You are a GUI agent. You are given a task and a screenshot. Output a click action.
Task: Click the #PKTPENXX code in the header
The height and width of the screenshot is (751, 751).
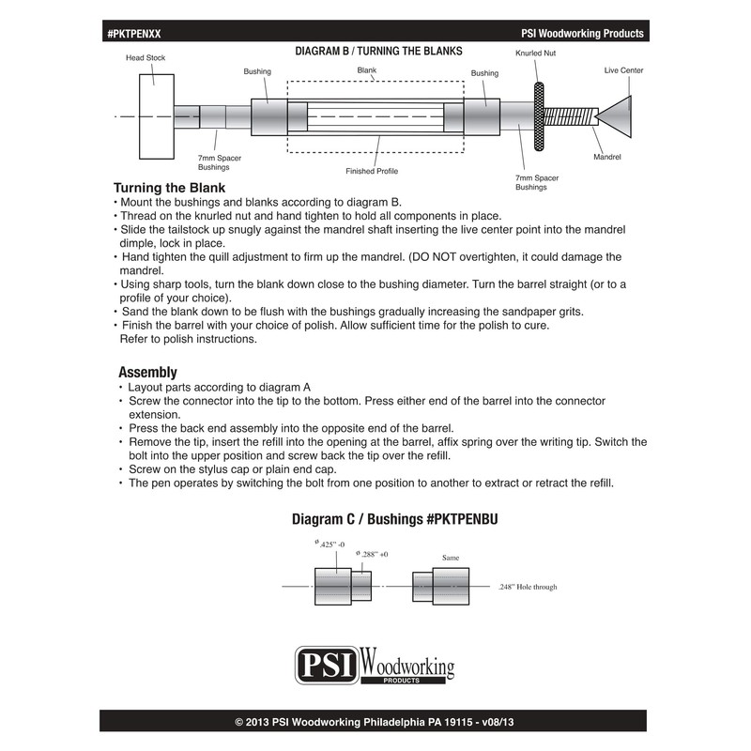134,33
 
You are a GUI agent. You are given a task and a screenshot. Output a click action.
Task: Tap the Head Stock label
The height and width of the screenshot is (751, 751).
146,57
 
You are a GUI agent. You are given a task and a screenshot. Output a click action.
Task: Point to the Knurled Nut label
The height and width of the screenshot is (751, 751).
536,54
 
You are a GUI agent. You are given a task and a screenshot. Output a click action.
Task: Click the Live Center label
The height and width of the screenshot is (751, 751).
623,70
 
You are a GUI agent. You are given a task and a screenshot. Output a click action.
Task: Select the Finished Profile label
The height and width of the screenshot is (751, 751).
373,172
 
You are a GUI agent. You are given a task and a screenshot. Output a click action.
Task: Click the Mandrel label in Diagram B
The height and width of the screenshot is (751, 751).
607,158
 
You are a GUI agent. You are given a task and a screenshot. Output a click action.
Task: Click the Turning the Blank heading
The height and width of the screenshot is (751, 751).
169,188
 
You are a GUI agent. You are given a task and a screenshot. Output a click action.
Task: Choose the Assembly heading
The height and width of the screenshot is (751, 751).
147,372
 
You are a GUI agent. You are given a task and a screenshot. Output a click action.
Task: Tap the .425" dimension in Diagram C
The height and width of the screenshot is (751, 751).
330,544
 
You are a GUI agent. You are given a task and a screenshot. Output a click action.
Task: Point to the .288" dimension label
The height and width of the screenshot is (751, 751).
373,555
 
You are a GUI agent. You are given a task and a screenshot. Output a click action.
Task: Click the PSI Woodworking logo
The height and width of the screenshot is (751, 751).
375,665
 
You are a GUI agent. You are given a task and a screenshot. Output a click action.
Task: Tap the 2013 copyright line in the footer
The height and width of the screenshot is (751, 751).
375,722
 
